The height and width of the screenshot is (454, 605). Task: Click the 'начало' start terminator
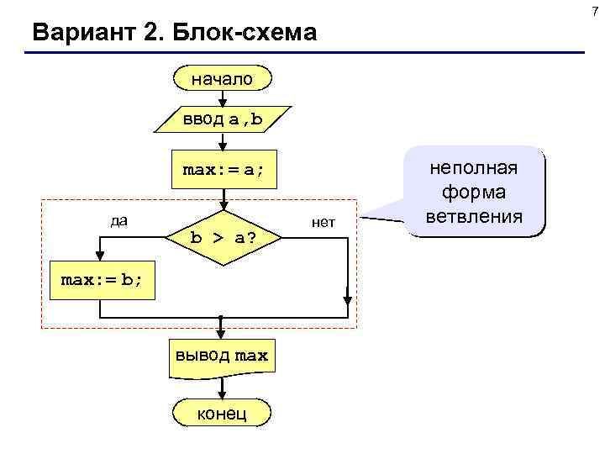[223, 79]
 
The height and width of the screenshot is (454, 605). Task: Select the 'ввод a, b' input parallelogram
[223, 120]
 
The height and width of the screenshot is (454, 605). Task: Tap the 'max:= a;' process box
[223, 171]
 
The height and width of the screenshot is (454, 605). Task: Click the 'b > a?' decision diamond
[223, 238]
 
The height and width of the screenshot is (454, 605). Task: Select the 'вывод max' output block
[223, 356]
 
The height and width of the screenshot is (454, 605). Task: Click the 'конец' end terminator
[223, 413]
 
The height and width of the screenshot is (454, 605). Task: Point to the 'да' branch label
[119, 220]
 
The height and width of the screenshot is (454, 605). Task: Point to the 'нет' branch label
[323, 222]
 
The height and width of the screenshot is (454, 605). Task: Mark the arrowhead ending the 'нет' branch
[346, 296]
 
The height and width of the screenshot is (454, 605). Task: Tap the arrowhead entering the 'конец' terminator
[223, 393]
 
